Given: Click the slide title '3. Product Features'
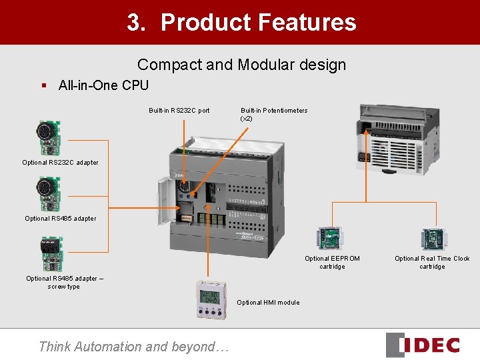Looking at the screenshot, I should click(x=241, y=23).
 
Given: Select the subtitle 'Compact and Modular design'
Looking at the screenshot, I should click(x=241, y=65).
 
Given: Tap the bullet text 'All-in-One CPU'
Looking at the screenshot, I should click(x=103, y=85).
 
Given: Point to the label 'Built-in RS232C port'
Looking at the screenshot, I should click(x=179, y=111).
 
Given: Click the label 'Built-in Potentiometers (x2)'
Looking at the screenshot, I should click(x=273, y=114).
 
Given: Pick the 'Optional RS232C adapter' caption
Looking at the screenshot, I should click(x=60, y=163).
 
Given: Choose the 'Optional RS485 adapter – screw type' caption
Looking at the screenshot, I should click(x=63, y=283).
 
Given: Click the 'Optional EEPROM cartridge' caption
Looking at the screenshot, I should click(x=332, y=262).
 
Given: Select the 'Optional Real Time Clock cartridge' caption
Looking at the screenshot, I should click(x=431, y=262).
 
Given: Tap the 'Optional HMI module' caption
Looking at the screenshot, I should click(x=268, y=303).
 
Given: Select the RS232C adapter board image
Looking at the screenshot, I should click(x=49, y=137).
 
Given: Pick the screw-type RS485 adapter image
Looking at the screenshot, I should click(x=51, y=254).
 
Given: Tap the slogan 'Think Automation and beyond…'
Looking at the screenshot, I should click(x=133, y=346).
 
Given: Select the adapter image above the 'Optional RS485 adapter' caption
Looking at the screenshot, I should click(x=49, y=194).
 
